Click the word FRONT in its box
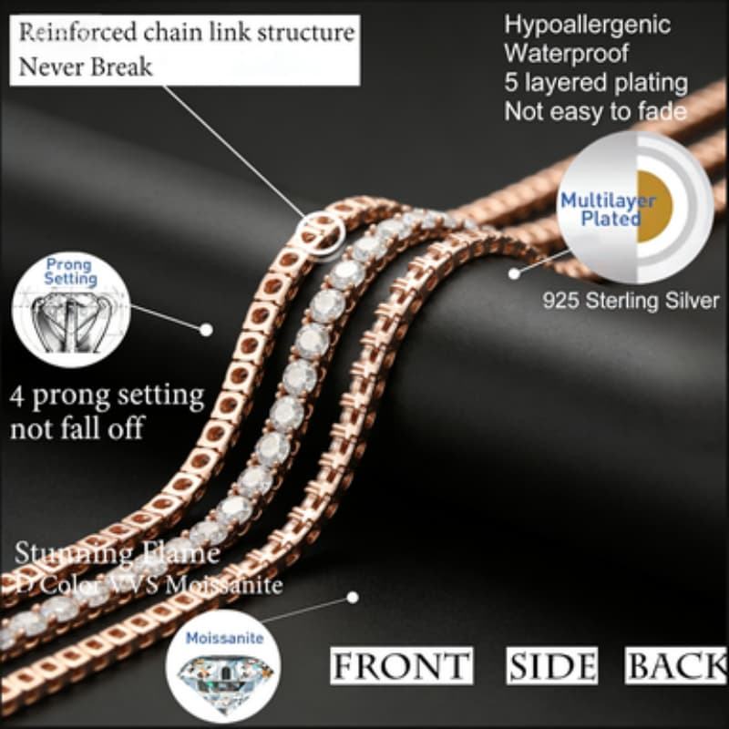[x=400, y=666]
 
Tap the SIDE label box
[x=552, y=666]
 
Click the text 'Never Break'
[x=87, y=67]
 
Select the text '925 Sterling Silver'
[x=631, y=300]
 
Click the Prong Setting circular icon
[x=71, y=309]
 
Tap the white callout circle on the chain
[x=323, y=231]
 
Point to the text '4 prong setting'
[x=108, y=396]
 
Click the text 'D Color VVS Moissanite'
[x=148, y=584]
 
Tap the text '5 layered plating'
[x=596, y=82]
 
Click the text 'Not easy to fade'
[x=596, y=111]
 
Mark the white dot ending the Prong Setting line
[x=206, y=329]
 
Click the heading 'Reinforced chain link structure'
[x=187, y=34]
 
